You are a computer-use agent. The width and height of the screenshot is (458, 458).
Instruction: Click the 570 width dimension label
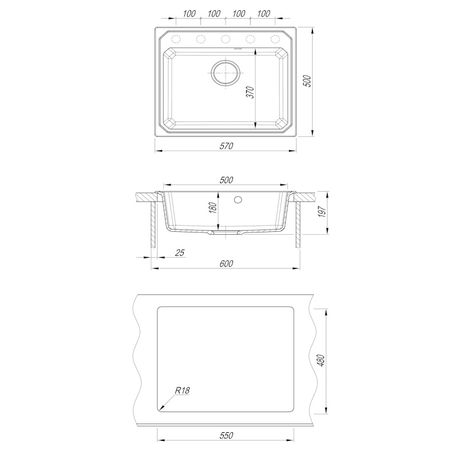click(226, 146)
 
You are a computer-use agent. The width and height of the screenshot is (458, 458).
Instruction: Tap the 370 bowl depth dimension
click(251, 92)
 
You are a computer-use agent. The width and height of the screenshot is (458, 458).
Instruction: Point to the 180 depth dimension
click(213, 208)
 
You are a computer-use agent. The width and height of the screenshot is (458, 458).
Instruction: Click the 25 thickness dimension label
click(180, 252)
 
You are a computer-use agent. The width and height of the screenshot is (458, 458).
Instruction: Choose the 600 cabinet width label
click(226, 263)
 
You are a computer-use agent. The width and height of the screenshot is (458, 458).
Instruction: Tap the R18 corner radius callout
click(183, 390)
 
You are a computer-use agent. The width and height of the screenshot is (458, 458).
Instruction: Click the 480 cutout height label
click(321, 361)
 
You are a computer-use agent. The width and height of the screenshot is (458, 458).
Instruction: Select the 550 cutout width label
click(226, 436)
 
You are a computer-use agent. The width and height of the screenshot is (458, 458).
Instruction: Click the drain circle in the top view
click(226, 73)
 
